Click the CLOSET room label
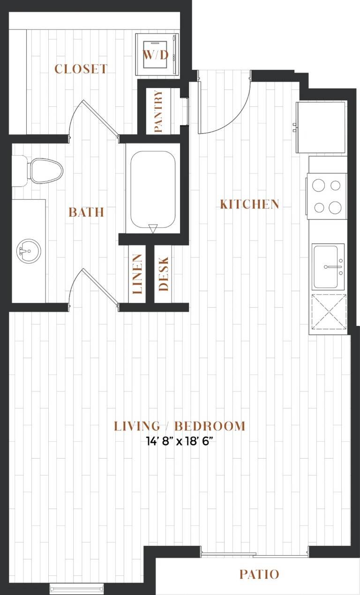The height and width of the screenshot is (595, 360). (81, 69)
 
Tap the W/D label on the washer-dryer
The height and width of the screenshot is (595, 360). (156, 55)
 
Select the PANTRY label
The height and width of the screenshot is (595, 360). (158, 111)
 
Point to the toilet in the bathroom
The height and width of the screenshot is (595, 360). (37, 171)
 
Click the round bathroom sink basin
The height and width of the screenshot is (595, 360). (29, 251)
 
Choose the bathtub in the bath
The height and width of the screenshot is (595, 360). (153, 189)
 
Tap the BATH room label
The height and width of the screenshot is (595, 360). (86, 212)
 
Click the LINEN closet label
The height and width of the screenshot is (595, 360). (137, 274)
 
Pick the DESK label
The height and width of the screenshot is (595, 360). (163, 274)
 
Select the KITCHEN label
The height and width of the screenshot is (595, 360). (249, 204)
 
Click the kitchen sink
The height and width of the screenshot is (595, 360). (328, 266)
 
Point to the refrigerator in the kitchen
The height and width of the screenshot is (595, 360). (322, 127)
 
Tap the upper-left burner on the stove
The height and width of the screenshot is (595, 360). (319, 185)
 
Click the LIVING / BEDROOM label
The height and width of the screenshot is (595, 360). (180, 426)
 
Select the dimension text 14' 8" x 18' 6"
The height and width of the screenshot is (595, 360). (180, 442)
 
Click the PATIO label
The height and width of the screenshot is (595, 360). (259, 574)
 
